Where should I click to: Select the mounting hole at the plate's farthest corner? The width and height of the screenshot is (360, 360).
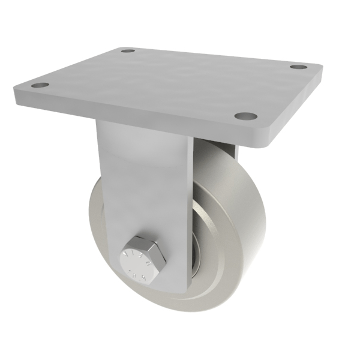pos(127,51)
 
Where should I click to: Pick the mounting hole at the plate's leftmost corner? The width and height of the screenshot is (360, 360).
pos(40,85)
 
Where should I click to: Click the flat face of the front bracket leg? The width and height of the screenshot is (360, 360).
pos(144,180)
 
